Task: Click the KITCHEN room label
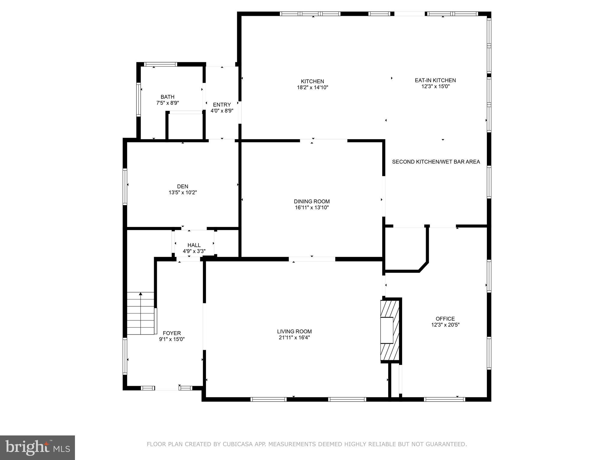coord(312,81)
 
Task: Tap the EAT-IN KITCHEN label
coord(435,80)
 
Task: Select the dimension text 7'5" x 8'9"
coord(167,103)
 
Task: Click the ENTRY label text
coord(222,105)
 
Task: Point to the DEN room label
coord(183,186)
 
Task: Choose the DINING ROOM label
coord(311,202)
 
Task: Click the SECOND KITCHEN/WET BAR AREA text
coord(436,162)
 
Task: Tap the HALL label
coord(194,245)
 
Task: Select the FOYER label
coord(172,333)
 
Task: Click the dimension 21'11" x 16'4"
coord(294,338)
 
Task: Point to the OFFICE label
coord(445,319)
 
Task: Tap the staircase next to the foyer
coord(141,314)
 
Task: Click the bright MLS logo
coord(37,448)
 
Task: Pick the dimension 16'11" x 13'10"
coord(311,208)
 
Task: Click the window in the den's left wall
coord(125,187)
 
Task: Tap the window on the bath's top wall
coord(161,64)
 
